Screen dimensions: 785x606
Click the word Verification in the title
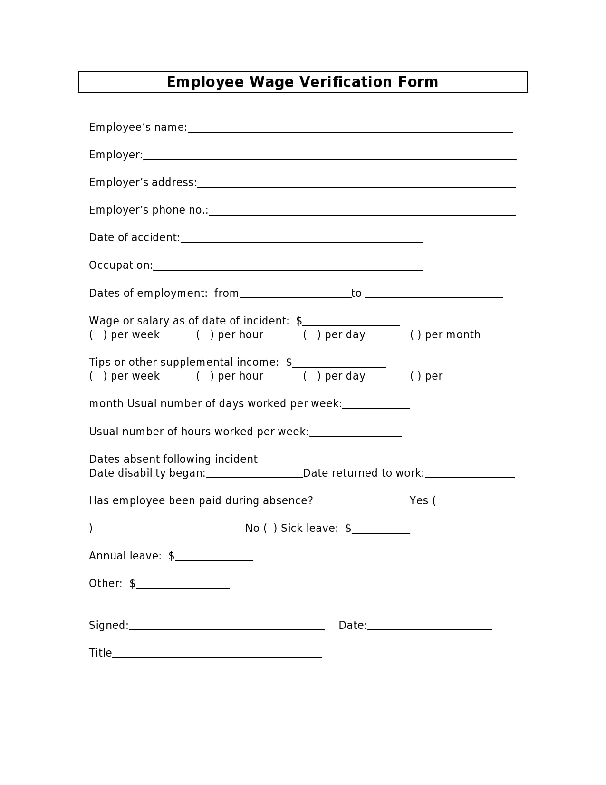pyautogui.click(x=345, y=82)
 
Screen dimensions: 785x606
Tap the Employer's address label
pyautogui.click(x=143, y=183)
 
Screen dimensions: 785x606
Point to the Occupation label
pyautogui.click(x=121, y=265)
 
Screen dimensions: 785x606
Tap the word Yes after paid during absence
pyautogui.click(x=419, y=501)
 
